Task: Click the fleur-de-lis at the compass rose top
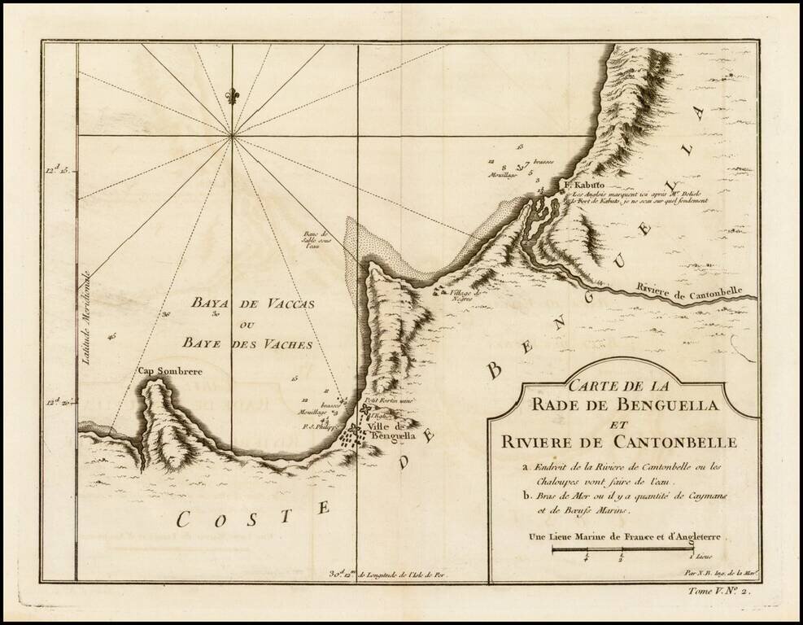(233, 95)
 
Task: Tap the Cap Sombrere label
(169, 373)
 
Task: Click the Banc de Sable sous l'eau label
(314, 241)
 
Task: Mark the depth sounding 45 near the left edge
(111, 335)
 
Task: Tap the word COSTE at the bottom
(253, 512)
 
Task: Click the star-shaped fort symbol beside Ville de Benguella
(356, 426)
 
